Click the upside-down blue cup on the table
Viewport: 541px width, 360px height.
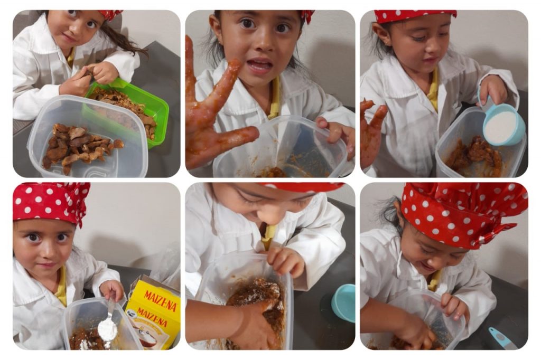tap(343, 303)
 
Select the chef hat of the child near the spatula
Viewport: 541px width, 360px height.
tap(464, 214)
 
